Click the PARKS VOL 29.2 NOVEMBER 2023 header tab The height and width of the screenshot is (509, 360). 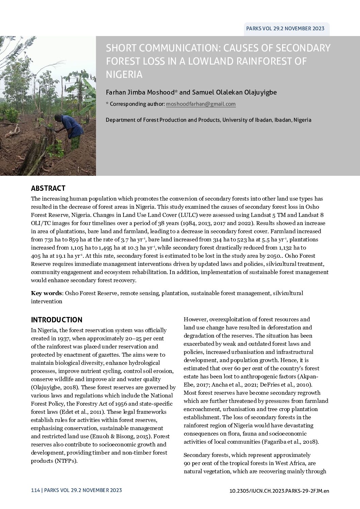pos(285,29)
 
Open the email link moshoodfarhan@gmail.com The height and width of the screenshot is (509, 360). pos(201,104)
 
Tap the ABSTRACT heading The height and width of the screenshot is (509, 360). pos(48,188)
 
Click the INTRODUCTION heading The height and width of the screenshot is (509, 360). pos(56,320)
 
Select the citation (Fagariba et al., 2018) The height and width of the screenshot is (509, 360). pos(290,442)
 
